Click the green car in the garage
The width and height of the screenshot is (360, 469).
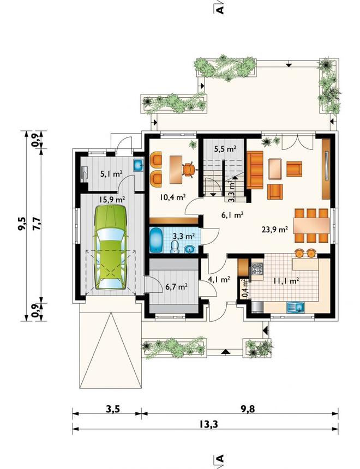point(110,247)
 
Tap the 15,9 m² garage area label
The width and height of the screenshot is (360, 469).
point(112,199)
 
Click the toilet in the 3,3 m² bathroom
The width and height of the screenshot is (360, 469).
point(175,246)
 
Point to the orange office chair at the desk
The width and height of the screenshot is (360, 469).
point(188,170)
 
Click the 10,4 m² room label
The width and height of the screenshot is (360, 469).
point(173,197)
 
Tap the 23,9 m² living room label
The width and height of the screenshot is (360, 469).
point(275,230)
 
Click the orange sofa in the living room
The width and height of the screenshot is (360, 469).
point(255,170)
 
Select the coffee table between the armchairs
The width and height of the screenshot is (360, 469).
point(275,169)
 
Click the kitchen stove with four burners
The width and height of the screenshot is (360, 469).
point(257,269)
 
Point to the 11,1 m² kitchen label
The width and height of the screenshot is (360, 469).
point(286,281)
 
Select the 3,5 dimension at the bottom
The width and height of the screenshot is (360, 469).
point(113,408)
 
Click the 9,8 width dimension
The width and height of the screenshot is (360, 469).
point(247,408)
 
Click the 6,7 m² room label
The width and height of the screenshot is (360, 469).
point(177,287)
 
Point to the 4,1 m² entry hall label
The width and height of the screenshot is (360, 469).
point(219,279)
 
